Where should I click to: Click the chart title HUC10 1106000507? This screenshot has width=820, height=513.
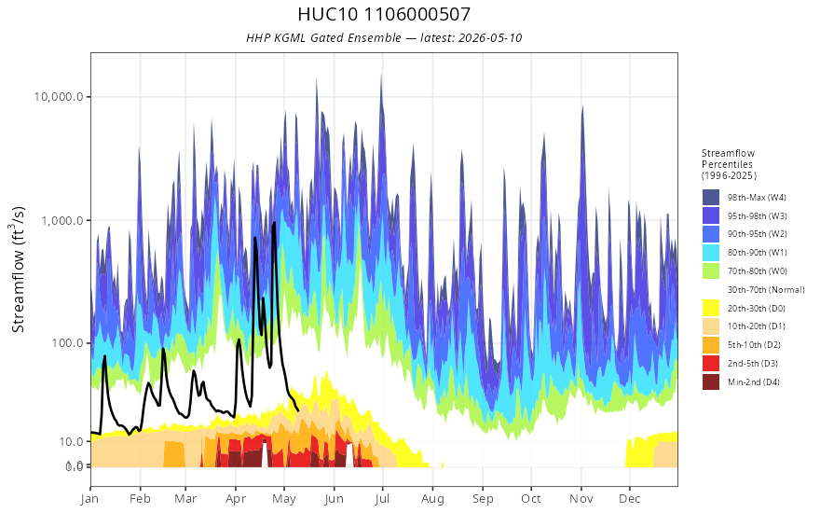point(384,14)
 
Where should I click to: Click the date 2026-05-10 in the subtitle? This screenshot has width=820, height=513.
point(490,38)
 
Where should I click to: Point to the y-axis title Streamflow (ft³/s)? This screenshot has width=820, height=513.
point(19,270)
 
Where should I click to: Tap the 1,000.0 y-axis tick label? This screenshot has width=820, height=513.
point(62,220)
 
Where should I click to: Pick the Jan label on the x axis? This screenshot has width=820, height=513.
point(90,499)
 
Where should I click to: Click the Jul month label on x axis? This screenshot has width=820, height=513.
point(382,499)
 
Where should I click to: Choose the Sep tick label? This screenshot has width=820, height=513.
point(483,499)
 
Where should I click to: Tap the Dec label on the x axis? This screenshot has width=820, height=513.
point(630,499)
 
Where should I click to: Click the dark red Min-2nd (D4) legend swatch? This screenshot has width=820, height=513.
point(711,382)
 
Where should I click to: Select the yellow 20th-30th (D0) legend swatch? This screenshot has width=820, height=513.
point(711,309)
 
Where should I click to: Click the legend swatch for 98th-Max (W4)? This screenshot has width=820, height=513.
point(711,198)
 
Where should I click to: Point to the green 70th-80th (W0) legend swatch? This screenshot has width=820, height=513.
point(711,271)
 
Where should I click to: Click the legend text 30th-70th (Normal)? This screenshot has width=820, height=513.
point(766,290)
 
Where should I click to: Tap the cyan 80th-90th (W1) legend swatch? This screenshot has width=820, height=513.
point(711,253)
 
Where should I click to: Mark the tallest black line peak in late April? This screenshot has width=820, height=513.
point(274,223)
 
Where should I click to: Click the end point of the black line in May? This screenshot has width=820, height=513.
point(297,410)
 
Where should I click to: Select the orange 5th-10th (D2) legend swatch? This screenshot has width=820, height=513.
point(711,345)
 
